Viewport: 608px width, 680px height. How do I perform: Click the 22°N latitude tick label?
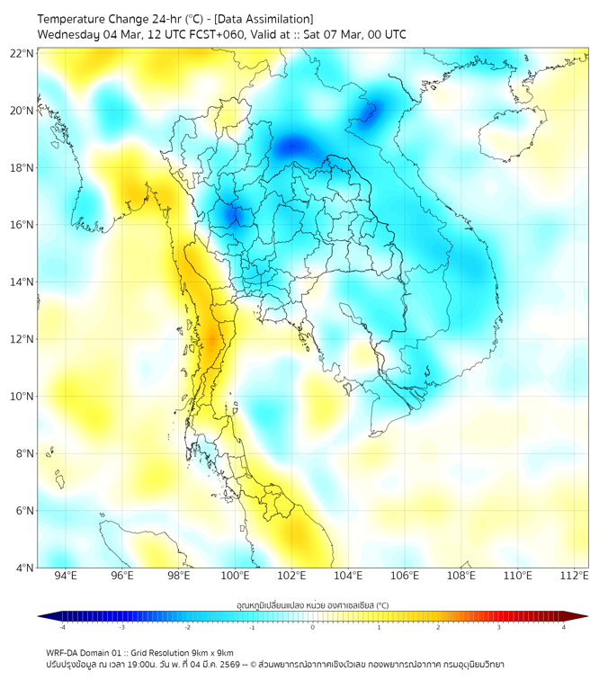[22, 54]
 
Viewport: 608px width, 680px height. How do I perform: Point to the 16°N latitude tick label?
[22, 225]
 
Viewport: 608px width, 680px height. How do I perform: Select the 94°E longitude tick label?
[66, 576]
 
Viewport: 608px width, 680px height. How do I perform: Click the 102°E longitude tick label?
[292, 576]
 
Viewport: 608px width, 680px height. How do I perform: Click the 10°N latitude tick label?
[22, 397]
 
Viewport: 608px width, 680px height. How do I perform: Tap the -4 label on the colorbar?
[61, 627]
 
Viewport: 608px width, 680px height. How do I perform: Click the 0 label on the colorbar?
[313, 627]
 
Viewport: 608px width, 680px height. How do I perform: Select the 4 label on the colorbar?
[564, 627]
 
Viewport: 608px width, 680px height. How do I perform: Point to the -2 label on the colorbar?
[186, 627]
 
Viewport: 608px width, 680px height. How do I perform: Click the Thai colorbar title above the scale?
[312, 604]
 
